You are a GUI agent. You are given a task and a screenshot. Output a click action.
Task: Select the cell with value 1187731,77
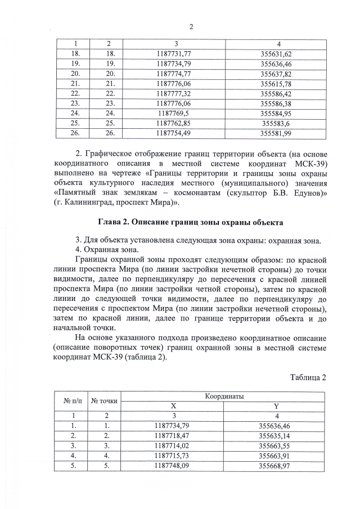tap(176, 53)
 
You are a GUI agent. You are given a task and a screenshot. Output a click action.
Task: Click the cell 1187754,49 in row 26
tap(176, 133)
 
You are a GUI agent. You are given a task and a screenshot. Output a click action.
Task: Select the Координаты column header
tap(224, 397)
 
